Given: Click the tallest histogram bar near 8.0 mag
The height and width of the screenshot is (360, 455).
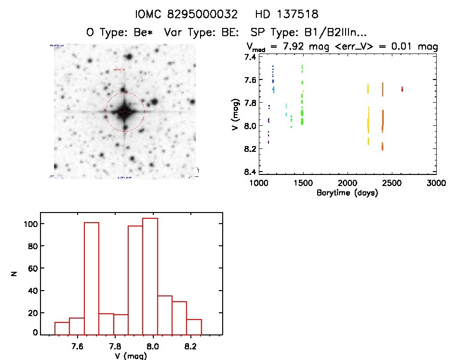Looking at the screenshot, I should pyautogui.click(x=150, y=276).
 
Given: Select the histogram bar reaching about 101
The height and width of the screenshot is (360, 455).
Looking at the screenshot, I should pyautogui.click(x=91, y=278).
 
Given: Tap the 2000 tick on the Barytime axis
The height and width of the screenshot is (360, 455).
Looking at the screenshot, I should pyautogui.click(x=348, y=183).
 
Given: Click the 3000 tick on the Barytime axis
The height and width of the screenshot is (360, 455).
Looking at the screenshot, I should pyautogui.click(x=436, y=183).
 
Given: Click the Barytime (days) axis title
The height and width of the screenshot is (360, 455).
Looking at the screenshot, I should pyautogui.click(x=347, y=193).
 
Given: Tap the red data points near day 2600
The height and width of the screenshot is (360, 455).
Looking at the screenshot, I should pyautogui.click(x=402, y=89).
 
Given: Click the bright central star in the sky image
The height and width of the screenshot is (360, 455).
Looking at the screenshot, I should pyautogui.click(x=124, y=112).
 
